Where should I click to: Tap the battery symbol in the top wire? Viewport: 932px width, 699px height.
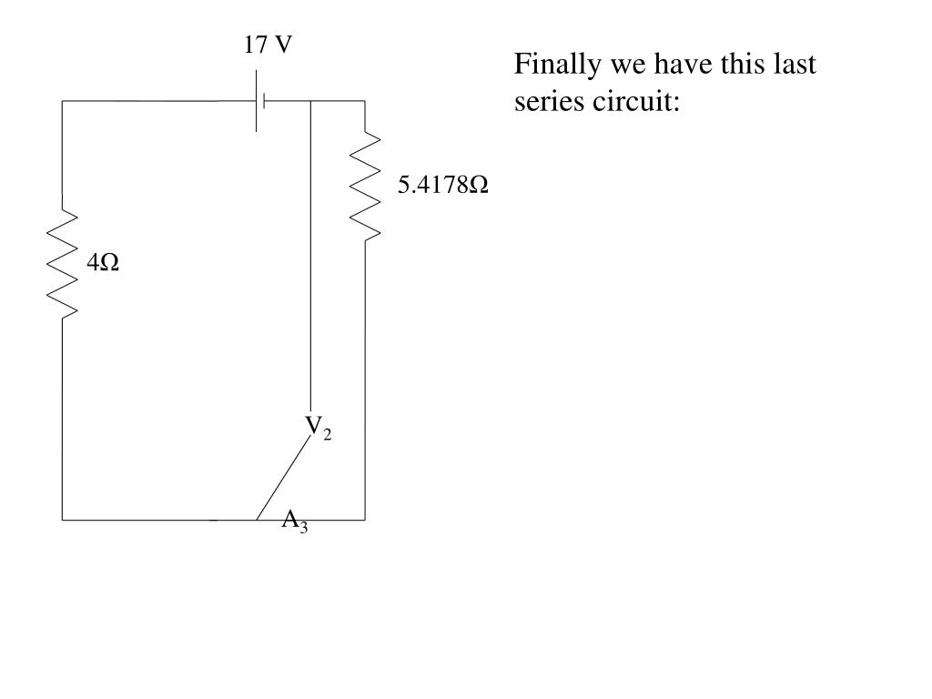[x=260, y=100]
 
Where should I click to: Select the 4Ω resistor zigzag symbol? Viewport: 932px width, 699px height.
[x=63, y=264]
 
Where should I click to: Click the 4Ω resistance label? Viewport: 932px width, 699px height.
[x=104, y=263]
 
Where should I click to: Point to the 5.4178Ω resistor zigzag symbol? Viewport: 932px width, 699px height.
[x=365, y=187]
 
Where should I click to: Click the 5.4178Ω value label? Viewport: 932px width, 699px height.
[x=442, y=186]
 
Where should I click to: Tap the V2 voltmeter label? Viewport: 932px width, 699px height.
[x=318, y=427]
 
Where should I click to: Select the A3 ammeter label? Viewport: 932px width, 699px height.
[x=294, y=521]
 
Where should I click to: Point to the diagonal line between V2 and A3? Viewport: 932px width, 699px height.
[x=283, y=478]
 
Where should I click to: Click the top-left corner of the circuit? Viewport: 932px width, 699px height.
[x=62, y=101]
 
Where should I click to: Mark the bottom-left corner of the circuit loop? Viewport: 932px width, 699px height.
[x=62, y=520]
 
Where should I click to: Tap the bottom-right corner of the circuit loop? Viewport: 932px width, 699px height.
[x=365, y=520]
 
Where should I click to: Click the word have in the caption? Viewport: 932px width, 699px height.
[x=666, y=66]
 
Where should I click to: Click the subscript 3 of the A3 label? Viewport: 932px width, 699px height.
[x=304, y=528]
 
